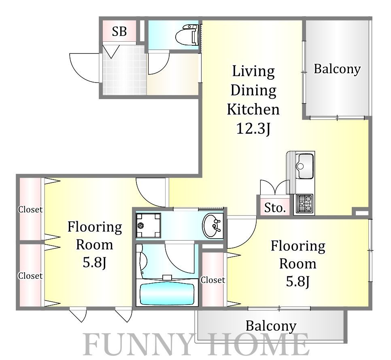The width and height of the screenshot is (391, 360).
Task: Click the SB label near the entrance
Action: tap(119, 32)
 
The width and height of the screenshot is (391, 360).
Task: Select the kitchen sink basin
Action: tap(304, 166)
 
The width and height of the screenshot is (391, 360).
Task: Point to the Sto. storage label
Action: tap(275, 208)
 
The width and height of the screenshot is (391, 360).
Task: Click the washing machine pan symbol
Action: tap(148, 225)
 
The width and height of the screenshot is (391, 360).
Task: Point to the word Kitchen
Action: tap(253, 109)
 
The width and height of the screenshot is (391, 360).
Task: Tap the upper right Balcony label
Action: tap(337, 69)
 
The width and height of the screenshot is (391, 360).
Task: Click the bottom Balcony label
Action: tap(271, 326)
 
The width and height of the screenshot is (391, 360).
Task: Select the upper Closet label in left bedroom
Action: tap(30, 210)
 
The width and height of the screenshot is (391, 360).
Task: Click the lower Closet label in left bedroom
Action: tap(30, 276)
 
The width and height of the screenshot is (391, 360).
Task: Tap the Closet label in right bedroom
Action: tap(213, 280)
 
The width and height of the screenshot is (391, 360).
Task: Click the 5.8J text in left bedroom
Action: tap(95, 263)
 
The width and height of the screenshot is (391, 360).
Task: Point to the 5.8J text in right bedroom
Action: tap(298, 282)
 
